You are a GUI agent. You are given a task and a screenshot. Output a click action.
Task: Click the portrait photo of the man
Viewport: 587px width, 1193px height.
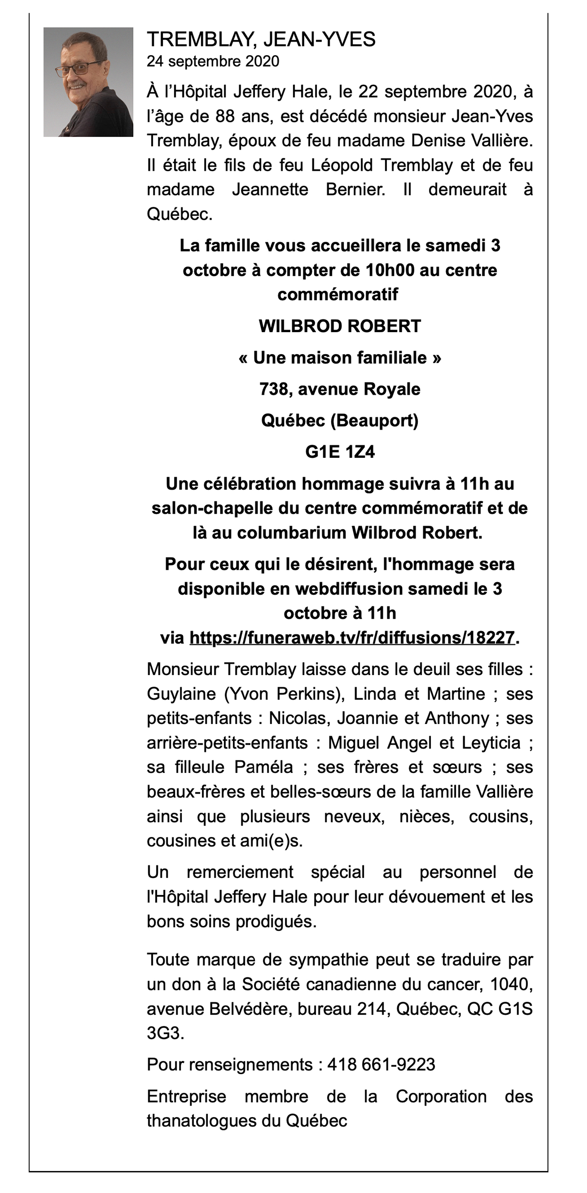coord(88,82)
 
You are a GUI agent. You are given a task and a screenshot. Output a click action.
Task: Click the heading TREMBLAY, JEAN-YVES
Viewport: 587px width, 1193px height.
coord(261,39)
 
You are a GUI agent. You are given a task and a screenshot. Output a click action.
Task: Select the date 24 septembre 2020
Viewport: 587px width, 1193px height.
coord(213,62)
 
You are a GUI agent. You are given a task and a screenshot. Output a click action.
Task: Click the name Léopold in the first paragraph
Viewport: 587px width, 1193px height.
coord(343,165)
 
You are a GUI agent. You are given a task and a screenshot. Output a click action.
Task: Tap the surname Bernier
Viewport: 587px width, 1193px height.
coord(355,190)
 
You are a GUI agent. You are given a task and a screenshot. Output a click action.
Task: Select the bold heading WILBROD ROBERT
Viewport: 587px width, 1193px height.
coord(339,326)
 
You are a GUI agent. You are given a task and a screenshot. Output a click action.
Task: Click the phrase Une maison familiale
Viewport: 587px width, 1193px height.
coord(340,358)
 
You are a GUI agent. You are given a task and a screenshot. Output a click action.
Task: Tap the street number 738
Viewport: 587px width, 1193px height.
coord(274,389)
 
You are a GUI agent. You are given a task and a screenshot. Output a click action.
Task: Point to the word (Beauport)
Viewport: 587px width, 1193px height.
coord(374,421)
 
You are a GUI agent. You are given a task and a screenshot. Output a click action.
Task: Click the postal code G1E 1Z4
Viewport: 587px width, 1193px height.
coord(340,452)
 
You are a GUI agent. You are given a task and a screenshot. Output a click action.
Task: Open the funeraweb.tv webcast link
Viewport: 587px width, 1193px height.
coord(352,638)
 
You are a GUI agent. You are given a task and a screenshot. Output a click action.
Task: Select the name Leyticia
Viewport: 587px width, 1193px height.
coord(491,743)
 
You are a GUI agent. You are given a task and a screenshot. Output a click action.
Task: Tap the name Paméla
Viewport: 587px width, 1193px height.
coord(264,767)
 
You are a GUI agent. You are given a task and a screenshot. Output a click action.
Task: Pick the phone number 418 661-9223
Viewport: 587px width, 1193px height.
coord(381,1064)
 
